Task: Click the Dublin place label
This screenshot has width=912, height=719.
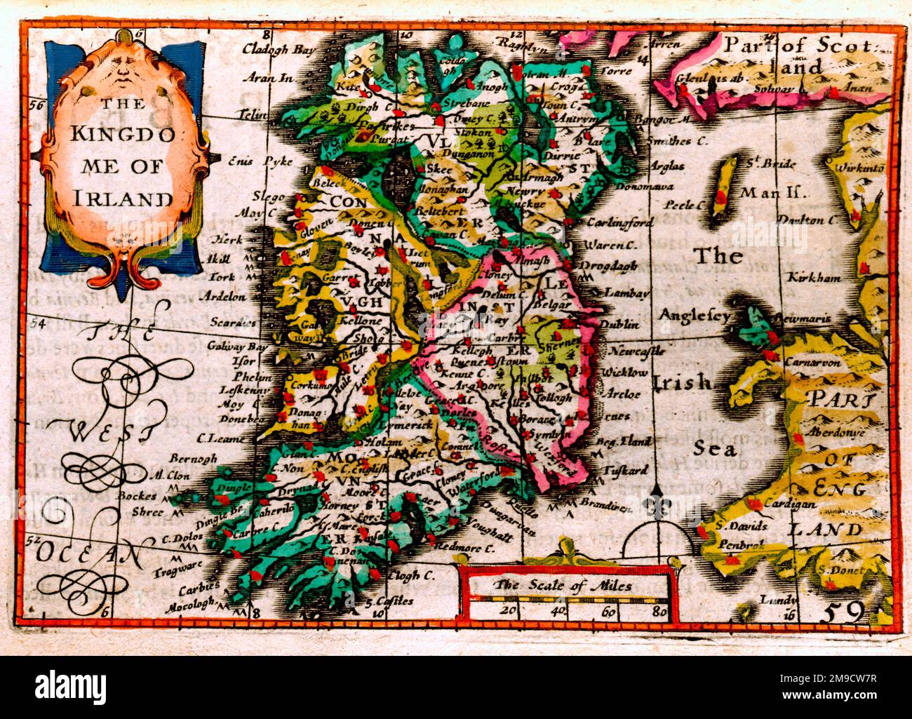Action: pyautogui.click(x=619, y=324)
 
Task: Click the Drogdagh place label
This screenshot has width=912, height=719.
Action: pyautogui.click(x=610, y=266)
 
